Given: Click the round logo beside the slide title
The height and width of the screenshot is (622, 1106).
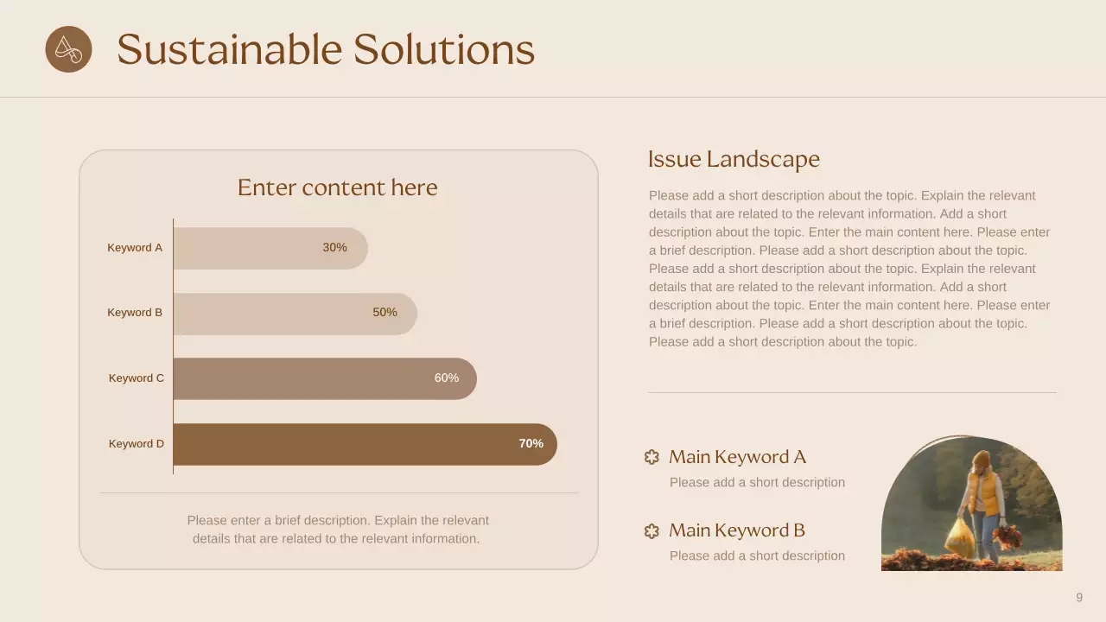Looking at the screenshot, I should click(68, 49).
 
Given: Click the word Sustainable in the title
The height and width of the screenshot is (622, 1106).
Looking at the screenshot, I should click(228, 49).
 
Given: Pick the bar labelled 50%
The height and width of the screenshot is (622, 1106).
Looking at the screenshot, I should click(294, 313).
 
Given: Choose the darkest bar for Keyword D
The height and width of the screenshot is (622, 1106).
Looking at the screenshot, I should click(363, 444).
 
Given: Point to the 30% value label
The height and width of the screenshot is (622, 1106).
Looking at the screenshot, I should click(334, 248).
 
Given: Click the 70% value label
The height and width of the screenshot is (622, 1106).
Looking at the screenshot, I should click(531, 444).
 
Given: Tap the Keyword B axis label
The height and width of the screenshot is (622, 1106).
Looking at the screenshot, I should click(135, 313).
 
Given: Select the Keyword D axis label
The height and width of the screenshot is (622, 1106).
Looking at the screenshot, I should click(136, 444).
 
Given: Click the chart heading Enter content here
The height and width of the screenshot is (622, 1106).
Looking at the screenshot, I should click(337, 187).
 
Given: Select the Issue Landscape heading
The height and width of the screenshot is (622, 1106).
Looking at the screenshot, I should click(734, 159).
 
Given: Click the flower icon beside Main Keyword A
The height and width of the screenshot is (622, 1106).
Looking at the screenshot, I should click(652, 457).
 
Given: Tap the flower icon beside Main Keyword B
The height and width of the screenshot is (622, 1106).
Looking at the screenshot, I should click(652, 531).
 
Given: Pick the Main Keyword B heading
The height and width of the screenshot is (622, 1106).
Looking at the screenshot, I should click(737, 530).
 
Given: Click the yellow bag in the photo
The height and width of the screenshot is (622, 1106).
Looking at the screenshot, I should click(958, 536).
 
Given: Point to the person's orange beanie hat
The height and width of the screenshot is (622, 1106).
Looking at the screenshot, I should click(981, 458).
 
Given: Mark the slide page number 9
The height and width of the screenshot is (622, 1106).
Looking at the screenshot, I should click(1079, 598).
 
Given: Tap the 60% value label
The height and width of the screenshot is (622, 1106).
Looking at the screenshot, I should click(446, 378).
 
